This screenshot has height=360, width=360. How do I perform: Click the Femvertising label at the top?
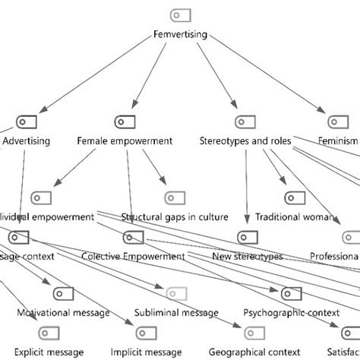(179, 34)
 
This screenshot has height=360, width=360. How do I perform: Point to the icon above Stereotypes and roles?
(242, 122)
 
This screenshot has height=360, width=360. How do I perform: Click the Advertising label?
(27, 141)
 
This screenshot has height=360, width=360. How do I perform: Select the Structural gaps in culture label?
(175, 217)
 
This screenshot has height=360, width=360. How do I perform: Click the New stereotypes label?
(247, 256)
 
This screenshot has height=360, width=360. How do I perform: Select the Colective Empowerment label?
(133, 256)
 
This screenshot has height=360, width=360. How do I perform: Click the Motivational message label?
(64, 312)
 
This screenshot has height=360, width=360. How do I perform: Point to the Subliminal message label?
(176, 312)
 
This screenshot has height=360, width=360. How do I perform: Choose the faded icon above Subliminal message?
(176, 293)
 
